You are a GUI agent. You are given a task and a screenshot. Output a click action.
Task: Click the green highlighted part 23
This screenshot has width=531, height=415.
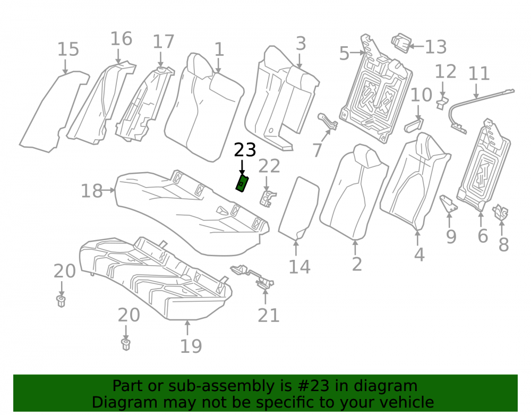243,184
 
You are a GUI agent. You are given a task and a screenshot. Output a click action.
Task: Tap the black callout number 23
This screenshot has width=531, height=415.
245,150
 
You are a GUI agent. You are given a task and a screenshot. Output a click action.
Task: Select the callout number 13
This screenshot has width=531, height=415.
435,47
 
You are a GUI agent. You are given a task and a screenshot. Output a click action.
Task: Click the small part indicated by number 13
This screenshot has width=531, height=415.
401,43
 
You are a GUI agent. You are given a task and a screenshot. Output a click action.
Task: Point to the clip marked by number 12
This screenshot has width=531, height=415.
442,103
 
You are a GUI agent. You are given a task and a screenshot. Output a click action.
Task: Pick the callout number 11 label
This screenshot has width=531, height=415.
479,73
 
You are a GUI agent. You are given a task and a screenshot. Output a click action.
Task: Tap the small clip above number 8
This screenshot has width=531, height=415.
501,213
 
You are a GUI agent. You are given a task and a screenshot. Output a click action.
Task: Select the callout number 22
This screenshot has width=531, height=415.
269,166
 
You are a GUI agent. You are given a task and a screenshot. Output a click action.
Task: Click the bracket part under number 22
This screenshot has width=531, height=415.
268,198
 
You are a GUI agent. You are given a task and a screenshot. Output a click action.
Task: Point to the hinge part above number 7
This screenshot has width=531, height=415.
328,122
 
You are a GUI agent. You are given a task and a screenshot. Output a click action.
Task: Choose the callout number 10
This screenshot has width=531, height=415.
421,95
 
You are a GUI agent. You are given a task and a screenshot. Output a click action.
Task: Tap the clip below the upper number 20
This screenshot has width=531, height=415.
61,301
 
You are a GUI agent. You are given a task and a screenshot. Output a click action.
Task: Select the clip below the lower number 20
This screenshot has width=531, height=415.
126,344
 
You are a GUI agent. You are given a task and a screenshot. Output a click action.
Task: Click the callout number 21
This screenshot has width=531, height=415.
269,316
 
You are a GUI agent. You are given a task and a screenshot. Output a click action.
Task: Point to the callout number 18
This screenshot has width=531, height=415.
92,191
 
